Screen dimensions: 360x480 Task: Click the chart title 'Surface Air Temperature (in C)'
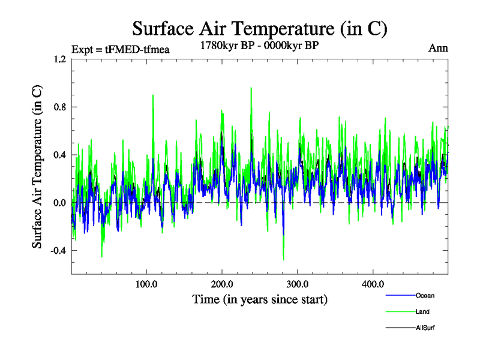coord(259,28)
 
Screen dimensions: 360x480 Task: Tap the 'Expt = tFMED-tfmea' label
coord(120,49)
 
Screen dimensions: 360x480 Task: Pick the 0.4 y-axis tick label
coord(59,155)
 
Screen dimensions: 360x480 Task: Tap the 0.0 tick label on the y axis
coord(59,203)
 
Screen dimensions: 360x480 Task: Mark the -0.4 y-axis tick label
coord(57,251)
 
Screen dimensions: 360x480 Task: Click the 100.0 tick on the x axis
coord(146,284)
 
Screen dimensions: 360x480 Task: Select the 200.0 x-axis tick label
coord(222,284)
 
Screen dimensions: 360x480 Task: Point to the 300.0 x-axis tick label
coord(298,284)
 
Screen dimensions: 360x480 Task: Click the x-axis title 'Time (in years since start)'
coord(260,299)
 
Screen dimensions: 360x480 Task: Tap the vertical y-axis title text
coord(37,166)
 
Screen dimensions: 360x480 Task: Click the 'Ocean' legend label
coord(425,295)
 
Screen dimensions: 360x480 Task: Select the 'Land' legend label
coord(422,311)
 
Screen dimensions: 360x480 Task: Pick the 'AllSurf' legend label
coord(425,328)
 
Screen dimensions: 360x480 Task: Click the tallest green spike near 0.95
coord(251,88)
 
